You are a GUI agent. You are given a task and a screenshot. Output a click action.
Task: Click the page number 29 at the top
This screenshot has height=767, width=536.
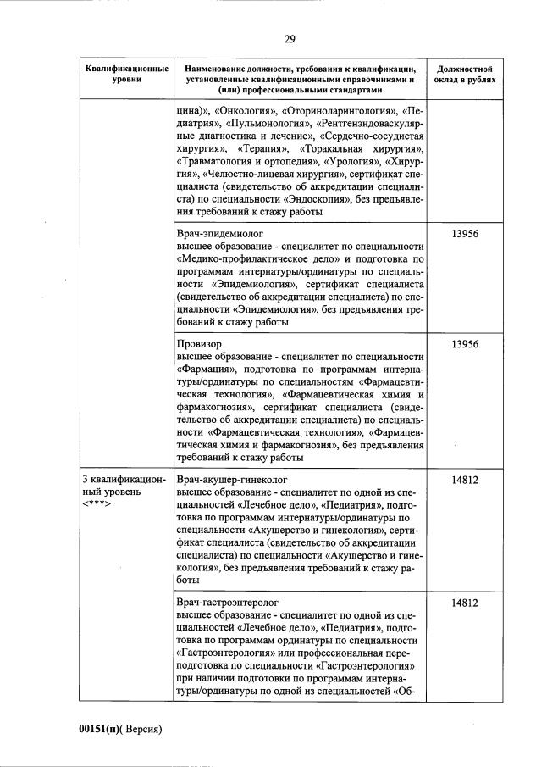pos(289,38)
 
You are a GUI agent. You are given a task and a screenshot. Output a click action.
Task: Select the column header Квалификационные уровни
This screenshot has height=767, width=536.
pos(125,73)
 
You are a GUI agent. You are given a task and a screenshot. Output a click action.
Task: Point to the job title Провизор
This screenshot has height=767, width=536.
pos(199,344)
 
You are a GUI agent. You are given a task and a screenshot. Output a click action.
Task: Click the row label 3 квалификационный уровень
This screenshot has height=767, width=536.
pos(124,485)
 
